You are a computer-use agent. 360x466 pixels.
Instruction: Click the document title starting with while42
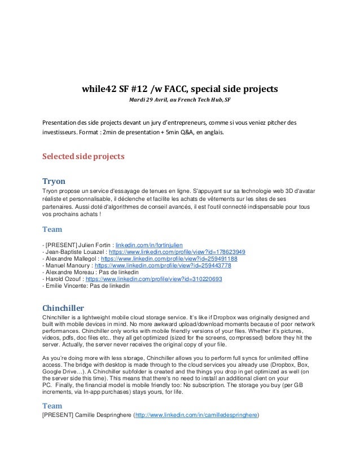(180, 89)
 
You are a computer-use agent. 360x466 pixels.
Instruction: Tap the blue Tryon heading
(54, 182)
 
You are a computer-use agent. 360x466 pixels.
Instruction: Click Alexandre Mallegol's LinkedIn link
(175, 258)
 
